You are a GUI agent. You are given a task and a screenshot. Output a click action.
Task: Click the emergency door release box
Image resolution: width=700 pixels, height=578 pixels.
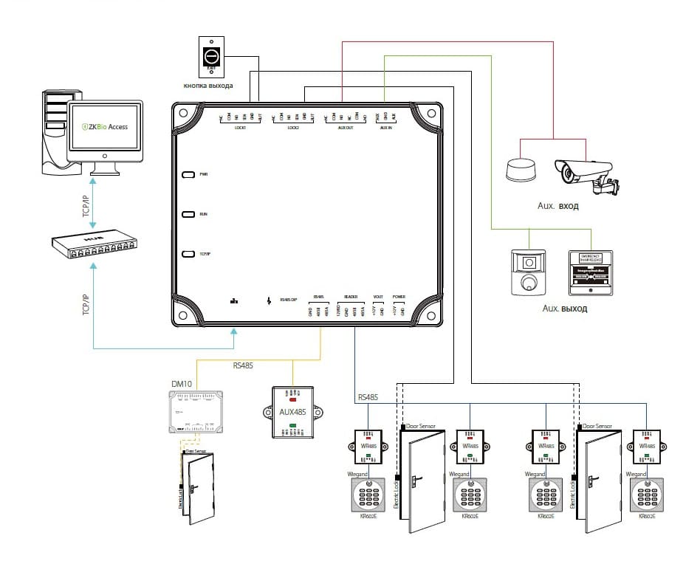pyautogui.click(x=591, y=271)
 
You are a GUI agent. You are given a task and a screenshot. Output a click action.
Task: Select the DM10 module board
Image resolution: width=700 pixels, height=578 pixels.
pyautogui.click(x=195, y=413)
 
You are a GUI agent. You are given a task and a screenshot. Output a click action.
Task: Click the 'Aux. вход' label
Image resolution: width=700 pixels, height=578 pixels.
pyautogui.click(x=558, y=207)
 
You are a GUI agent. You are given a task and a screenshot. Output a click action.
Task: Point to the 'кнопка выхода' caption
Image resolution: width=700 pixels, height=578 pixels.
pyautogui.click(x=208, y=86)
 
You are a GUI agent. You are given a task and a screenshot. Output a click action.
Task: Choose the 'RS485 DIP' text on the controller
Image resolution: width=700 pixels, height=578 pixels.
pyautogui.click(x=289, y=299)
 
